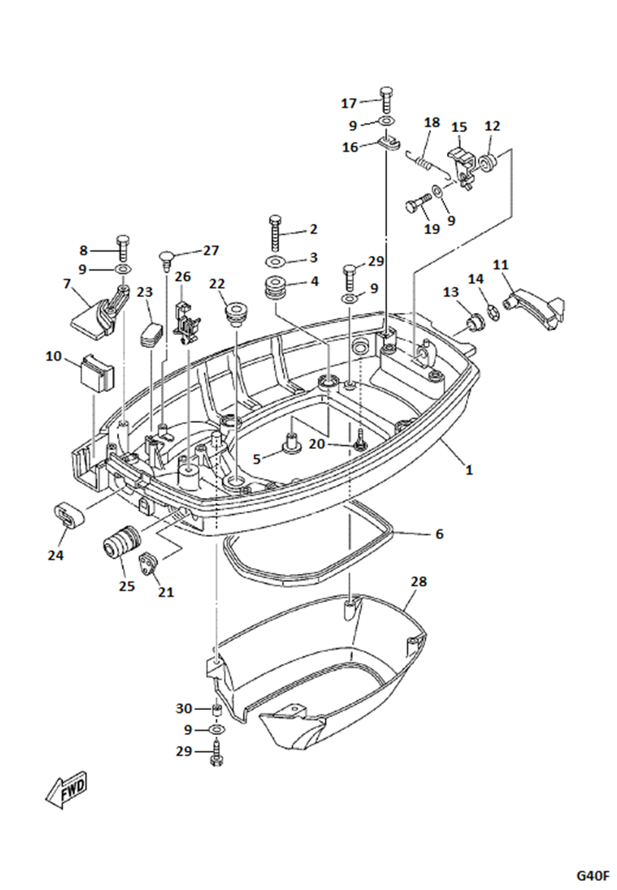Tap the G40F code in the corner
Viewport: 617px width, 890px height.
pyautogui.click(x=593, y=875)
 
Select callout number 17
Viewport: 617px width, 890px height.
pyautogui.click(x=348, y=103)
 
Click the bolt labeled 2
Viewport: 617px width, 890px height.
pyautogui.click(x=274, y=232)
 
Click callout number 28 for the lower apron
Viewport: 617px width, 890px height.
pyautogui.click(x=419, y=582)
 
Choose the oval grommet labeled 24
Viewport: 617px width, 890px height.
pyautogui.click(x=69, y=516)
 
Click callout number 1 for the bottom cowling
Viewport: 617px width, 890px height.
pyautogui.click(x=469, y=470)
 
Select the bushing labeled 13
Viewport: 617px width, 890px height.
pyautogui.click(x=473, y=323)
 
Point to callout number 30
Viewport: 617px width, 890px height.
pyautogui.click(x=184, y=709)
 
